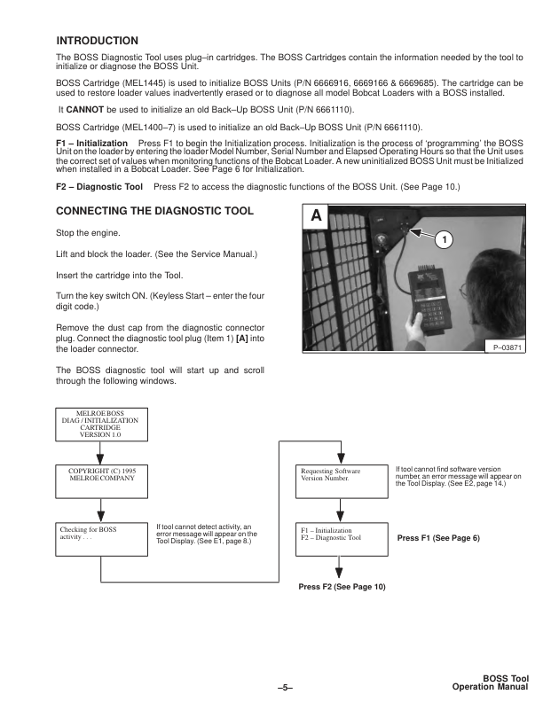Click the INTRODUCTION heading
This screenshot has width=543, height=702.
point(97,42)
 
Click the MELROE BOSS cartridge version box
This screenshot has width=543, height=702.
point(99,422)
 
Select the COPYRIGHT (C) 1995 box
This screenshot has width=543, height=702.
point(99,479)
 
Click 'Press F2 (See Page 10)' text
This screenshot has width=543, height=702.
point(342,588)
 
